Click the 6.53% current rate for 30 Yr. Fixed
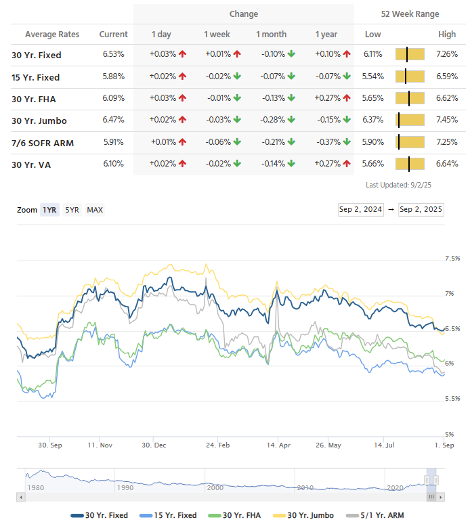[x=113, y=55]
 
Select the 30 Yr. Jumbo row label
[x=39, y=120]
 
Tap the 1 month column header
[x=271, y=35]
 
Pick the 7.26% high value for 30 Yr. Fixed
[x=447, y=55]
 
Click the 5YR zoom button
[x=72, y=210]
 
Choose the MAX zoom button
[x=95, y=210]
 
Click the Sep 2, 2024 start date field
[x=361, y=209]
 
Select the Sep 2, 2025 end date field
[x=421, y=209]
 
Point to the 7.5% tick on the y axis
[x=452, y=259]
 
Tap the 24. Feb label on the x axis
[x=216, y=445]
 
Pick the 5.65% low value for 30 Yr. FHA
[x=372, y=99]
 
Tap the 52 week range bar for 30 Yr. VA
[x=410, y=164]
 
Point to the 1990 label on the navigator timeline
[x=125, y=487]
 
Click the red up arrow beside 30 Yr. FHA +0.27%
[x=347, y=99]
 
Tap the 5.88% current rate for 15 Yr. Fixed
[x=113, y=76]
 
